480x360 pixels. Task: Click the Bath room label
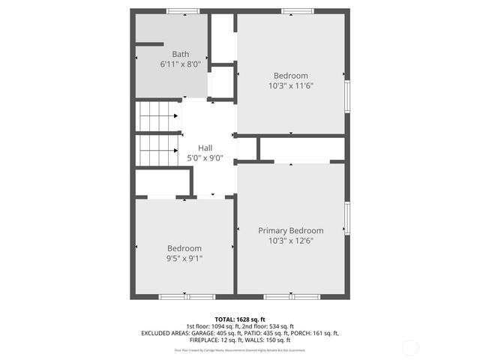coord(181,54)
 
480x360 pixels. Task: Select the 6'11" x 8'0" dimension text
coord(181,64)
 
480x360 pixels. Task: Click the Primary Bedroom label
coord(291,230)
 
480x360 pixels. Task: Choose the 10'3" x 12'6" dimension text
coord(291,241)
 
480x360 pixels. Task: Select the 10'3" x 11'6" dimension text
coord(291,85)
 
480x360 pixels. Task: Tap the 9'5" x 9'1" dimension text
coord(184,258)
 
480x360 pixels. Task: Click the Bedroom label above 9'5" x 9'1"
coord(184,248)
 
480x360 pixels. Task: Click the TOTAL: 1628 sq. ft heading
coord(240,319)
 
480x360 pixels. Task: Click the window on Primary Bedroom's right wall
coord(346,217)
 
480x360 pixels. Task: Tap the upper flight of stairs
coord(157,116)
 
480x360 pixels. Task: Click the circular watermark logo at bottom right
coord(410,347)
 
